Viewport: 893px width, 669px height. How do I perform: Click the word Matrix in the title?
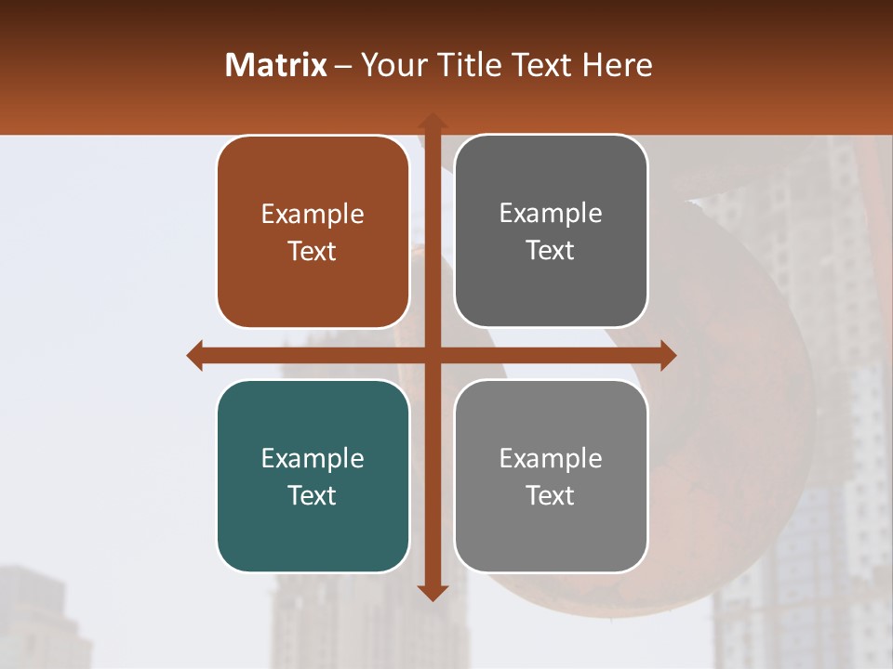click(276, 65)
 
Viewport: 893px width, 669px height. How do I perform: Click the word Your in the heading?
click(392, 65)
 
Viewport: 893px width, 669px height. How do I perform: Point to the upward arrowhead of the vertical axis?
click(432, 122)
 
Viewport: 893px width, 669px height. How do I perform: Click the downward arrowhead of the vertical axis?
click(432, 592)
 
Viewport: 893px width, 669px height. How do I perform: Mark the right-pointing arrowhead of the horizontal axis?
click(667, 355)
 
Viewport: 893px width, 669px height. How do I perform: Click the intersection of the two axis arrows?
click(432, 355)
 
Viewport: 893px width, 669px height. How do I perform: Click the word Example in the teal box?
click(313, 458)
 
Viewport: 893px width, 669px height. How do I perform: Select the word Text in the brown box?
click(313, 251)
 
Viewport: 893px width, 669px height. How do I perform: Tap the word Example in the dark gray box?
click(551, 213)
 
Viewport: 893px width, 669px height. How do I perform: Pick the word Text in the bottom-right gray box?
click(551, 495)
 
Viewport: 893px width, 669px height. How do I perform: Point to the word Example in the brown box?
click(313, 214)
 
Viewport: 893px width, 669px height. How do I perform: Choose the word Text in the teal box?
click(313, 495)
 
